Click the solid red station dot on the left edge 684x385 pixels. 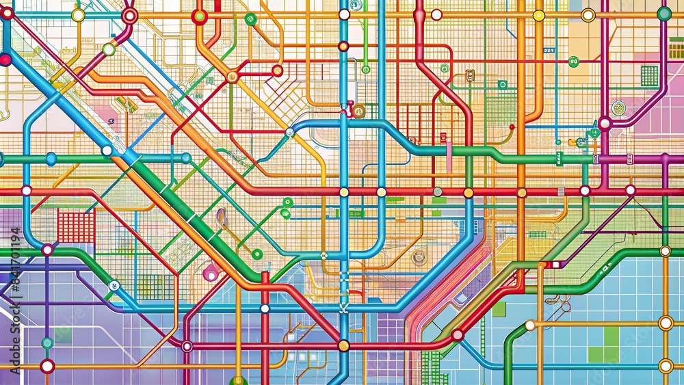(5, 59)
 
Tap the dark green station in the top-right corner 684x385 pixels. (663, 14)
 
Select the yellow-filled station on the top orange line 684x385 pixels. (539, 15)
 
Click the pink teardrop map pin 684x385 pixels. (211, 272)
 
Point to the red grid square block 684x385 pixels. (76, 227)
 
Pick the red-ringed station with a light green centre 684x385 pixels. (199, 16)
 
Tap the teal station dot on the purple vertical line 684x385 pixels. (47, 343)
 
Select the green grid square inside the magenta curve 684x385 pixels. (649, 75)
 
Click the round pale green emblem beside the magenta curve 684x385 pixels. (618, 107)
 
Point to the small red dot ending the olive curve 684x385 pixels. (512, 127)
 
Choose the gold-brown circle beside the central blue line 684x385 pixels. (358, 111)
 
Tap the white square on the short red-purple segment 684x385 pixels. (555, 265)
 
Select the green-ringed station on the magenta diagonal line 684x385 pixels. (109, 49)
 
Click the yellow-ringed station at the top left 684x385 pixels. (78, 15)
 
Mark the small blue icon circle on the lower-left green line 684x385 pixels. (114, 286)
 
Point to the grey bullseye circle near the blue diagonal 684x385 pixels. (419, 257)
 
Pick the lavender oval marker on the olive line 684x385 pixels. (221, 217)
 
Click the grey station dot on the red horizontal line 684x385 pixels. (437, 192)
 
